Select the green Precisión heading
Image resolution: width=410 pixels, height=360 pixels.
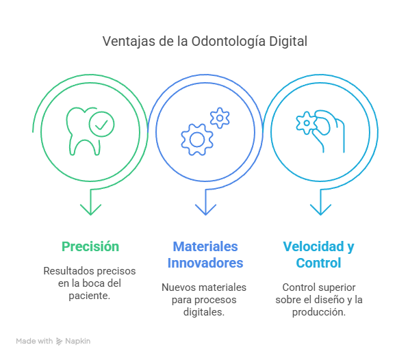coord(90,246)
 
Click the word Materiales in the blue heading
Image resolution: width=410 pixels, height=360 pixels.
coord(205,246)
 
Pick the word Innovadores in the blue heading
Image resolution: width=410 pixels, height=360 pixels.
coord(205,263)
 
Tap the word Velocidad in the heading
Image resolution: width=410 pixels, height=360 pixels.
coord(313,246)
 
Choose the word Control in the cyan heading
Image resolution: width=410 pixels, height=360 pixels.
coord(318,263)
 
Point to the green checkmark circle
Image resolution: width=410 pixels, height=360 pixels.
coord(101,124)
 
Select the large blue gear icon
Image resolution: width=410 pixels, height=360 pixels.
coord(197,140)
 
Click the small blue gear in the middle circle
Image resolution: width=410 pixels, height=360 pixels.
coord(220,118)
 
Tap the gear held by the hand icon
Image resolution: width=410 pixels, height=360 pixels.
coord(307,123)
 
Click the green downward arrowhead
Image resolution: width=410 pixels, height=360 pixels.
coord(90,209)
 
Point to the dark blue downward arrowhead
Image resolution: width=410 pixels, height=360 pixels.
coord(205,209)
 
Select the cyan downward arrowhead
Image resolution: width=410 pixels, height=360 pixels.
coord(320,209)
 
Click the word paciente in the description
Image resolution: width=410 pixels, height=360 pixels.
coord(89,296)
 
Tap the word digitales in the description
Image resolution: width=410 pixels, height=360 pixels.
coord(204,312)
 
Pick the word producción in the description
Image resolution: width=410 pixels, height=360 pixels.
coord(319,312)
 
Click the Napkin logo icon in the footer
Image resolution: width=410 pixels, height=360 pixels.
coord(60,341)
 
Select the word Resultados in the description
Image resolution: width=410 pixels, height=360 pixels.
coord(66,271)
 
